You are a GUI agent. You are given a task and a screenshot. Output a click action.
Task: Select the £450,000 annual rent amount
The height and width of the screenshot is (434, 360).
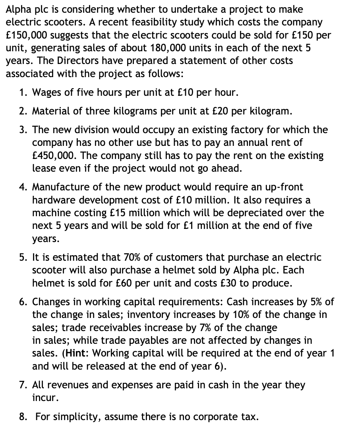pos(54,155)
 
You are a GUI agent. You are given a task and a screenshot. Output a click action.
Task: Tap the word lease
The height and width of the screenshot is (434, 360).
pos(44,168)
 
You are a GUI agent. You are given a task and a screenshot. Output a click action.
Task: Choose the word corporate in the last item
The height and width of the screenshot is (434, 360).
pos(215,417)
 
